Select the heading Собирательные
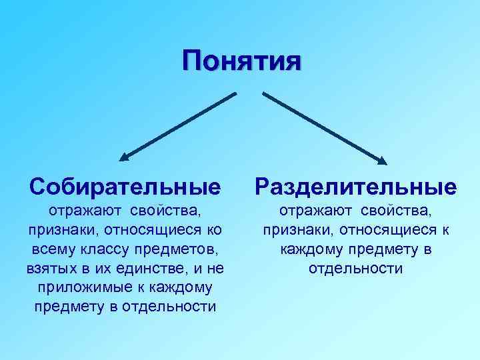coord(125,186)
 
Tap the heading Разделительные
coord(355,186)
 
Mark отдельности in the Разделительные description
coord(355,269)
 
